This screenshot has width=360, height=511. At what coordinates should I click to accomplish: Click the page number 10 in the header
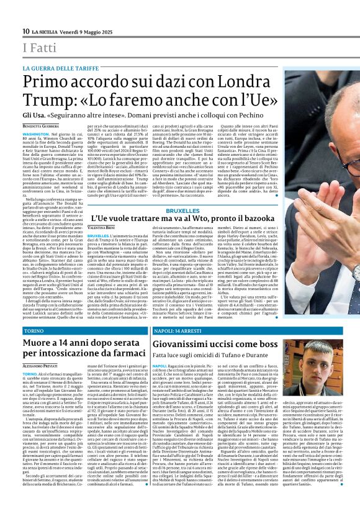(x=26, y=31)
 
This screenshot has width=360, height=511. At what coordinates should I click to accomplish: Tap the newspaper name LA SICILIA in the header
(x=46, y=31)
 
